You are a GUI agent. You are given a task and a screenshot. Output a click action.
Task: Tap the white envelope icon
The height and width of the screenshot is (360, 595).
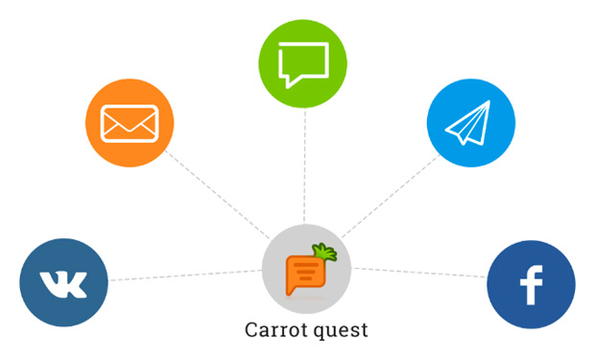pyautogui.click(x=130, y=124)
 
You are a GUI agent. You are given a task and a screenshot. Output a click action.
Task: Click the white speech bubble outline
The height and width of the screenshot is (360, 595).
pyautogui.click(x=303, y=64)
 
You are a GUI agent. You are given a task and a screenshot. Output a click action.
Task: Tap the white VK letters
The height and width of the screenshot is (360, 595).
pyautogui.click(x=64, y=284)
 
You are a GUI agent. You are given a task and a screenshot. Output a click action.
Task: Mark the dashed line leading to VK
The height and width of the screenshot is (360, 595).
pyautogui.click(x=182, y=276)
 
